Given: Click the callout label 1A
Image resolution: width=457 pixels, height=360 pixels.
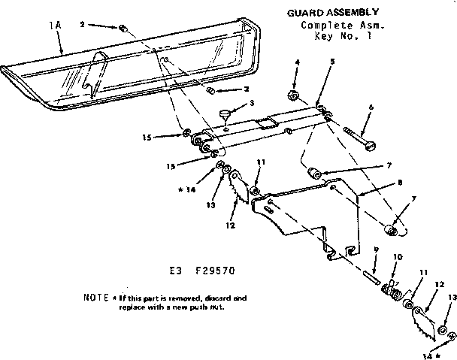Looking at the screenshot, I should point(53,25).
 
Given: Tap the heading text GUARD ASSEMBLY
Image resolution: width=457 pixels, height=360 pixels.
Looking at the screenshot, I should point(332,13).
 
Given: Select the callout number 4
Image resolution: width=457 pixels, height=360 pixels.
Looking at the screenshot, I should point(296,62).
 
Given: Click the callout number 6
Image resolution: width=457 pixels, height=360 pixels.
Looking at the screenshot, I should point(371,107).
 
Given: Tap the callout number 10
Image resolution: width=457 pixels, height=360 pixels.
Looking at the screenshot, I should point(398,258).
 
